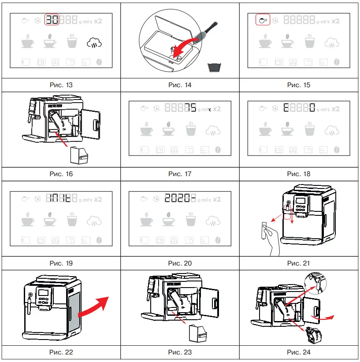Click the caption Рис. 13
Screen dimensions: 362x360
coord(61,85)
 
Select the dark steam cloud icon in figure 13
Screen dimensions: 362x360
coord(95,43)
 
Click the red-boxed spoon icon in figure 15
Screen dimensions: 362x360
coord(263,20)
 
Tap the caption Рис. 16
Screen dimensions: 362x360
coord(61,174)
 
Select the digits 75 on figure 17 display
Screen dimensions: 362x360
coord(190,109)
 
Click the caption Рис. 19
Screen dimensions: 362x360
coord(61,263)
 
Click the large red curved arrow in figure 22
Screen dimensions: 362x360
coord(95,307)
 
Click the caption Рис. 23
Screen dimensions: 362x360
coord(180,352)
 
